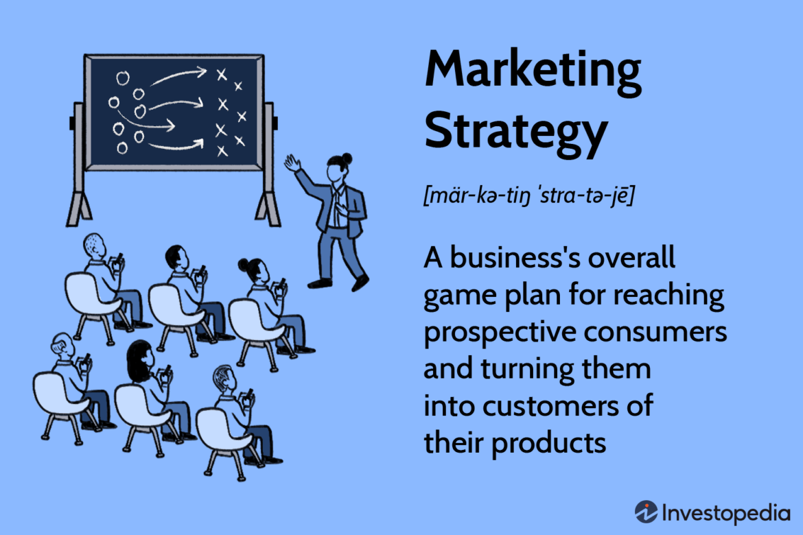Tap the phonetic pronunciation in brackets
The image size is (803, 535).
coord(528,195)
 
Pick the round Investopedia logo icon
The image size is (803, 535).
coord(646,512)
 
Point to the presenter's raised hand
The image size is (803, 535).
coord(293,163)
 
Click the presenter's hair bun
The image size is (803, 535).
coord(347,158)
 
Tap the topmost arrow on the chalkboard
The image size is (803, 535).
coord(179,76)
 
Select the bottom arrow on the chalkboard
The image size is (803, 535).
coord(177,145)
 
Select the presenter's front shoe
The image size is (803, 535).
coord(360,281)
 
